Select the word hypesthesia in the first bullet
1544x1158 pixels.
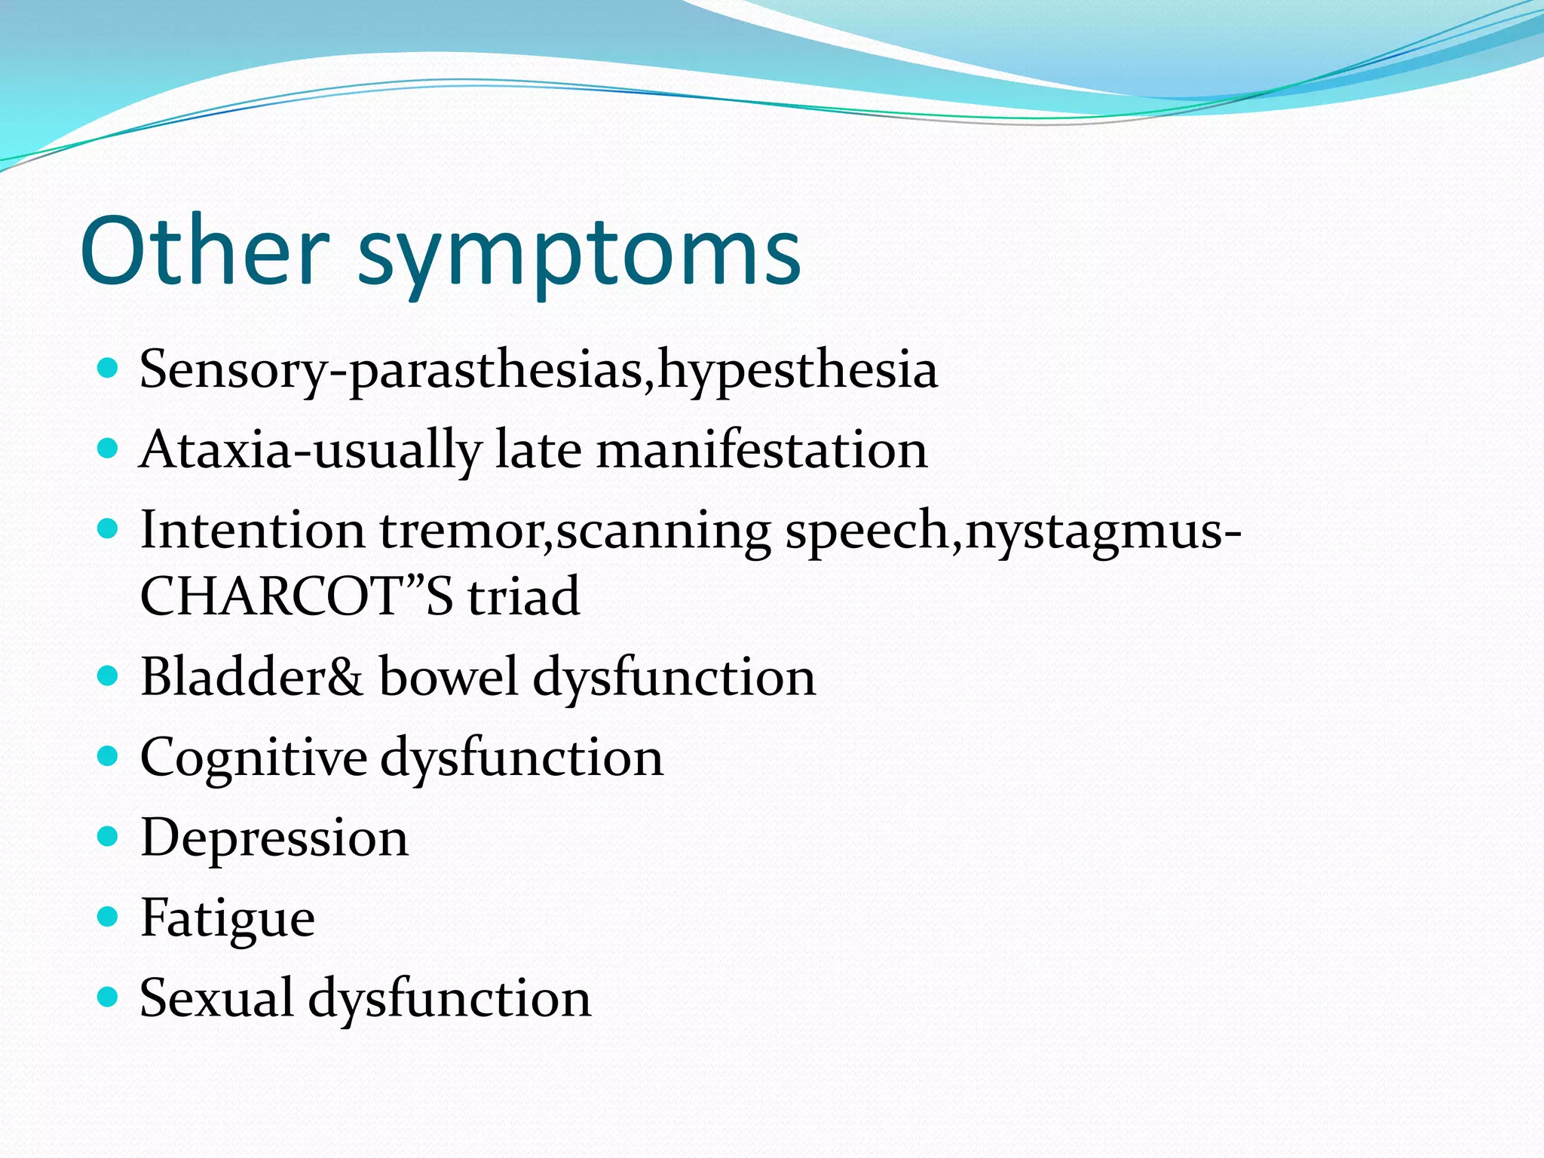click(x=798, y=371)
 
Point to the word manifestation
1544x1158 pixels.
click(x=761, y=450)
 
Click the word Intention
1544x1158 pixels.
click(x=253, y=529)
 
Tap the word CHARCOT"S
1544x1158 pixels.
click(x=296, y=596)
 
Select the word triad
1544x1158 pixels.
click(x=523, y=596)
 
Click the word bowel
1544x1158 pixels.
click(x=448, y=676)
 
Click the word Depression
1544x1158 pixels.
click(x=274, y=838)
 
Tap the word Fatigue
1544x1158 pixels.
click(x=228, y=919)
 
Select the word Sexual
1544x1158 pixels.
click(x=216, y=998)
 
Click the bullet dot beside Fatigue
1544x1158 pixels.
click(x=109, y=917)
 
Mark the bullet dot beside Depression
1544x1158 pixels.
click(x=109, y=837)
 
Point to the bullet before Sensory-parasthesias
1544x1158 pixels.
click(x=109, y=369)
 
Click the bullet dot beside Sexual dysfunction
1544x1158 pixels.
click(x=109, y=997)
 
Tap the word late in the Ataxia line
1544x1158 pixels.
click(x=538, y=450)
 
